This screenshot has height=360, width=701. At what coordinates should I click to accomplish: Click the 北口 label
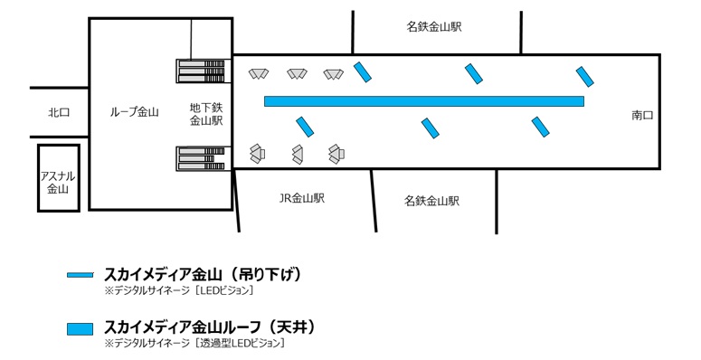(59, 112)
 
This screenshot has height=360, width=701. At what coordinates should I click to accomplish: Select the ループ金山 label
(134, 112)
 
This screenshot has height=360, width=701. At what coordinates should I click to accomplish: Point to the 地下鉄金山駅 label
(206, 113)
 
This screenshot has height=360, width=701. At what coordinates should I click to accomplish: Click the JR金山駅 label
(302, 197)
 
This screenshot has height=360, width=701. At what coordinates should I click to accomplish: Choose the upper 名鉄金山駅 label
(434, 27)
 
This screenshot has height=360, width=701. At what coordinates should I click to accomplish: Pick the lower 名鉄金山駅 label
(431, 200)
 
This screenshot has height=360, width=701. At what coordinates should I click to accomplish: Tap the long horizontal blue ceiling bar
(423, 101)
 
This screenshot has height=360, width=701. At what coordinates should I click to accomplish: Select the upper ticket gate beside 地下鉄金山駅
(201, 70)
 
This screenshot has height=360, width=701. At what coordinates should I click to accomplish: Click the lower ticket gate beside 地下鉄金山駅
(201, 158)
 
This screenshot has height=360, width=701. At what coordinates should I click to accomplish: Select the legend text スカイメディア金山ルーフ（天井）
(210, 326)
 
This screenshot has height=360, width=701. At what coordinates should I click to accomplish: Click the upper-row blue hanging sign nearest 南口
(584, 75)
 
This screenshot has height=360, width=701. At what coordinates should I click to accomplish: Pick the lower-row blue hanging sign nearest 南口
(541, 127)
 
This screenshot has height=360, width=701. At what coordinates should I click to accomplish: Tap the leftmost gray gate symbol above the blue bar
(260, 73)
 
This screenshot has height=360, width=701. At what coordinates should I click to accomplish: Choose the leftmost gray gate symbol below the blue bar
(258, 153)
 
